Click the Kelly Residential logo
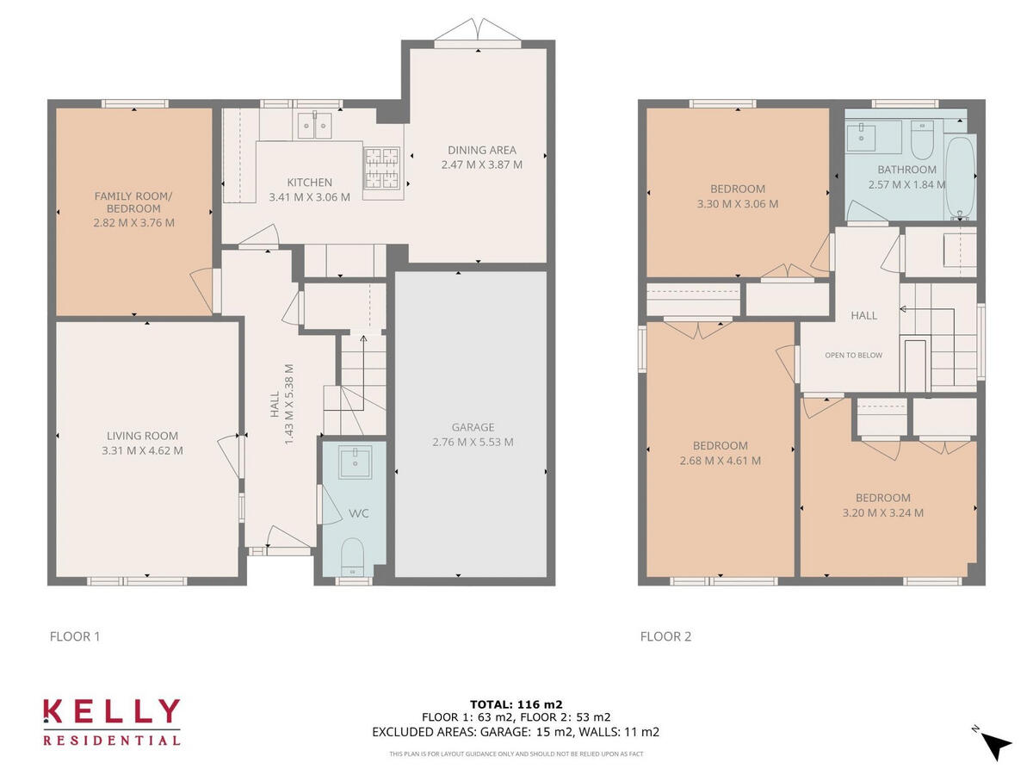112,721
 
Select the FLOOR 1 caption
75,637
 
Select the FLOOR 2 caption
665,637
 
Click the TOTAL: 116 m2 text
516,704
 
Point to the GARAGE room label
473,427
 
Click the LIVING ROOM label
143,436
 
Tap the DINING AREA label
481,150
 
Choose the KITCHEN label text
309,183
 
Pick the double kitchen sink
314,126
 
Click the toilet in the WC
352,555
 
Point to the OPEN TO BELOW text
853,355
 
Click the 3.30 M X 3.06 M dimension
738,204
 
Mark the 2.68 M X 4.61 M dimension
720,461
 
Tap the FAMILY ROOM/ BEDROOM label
133,202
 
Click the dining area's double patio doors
478,32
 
